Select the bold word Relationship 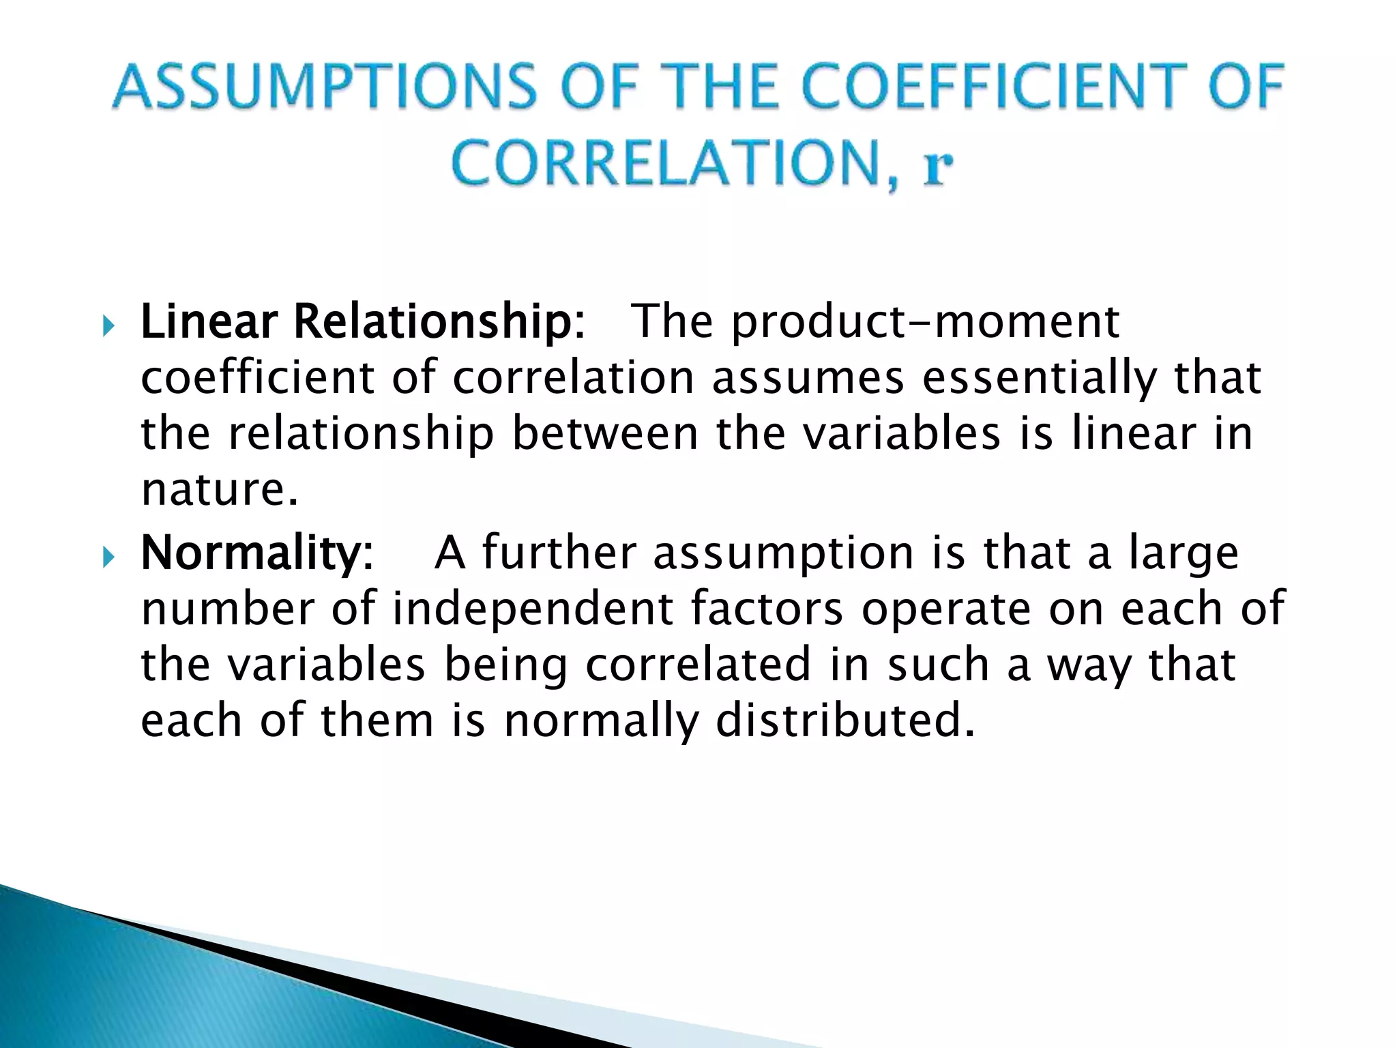pyautogui.click(x=433, y=322)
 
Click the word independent pyautogui.click(x=533, y=609)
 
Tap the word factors pyautogui.click(x=767, y=609)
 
